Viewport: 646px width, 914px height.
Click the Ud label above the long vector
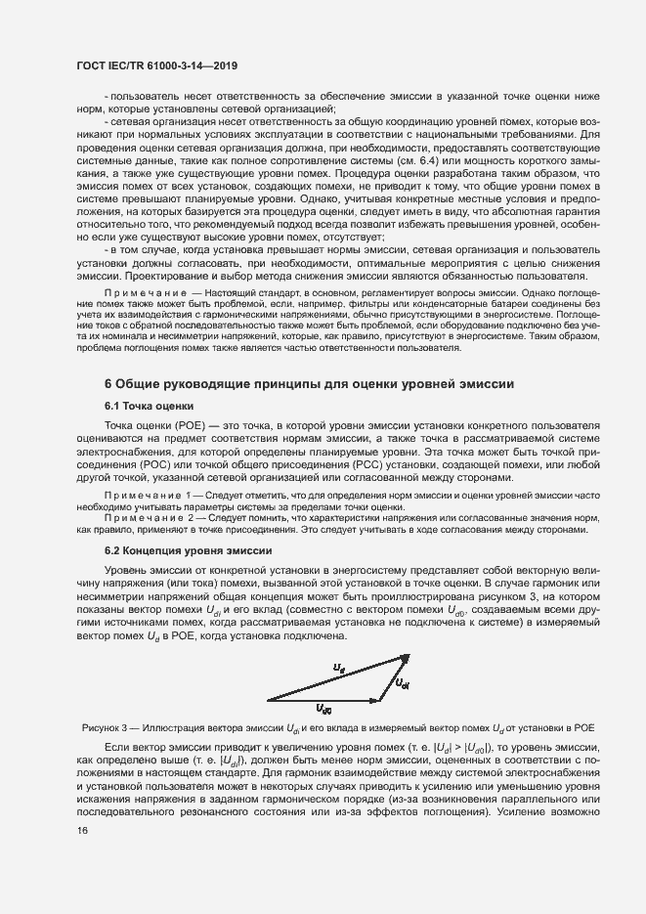[339, 669]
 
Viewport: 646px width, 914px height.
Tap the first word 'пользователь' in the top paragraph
[143, 98]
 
